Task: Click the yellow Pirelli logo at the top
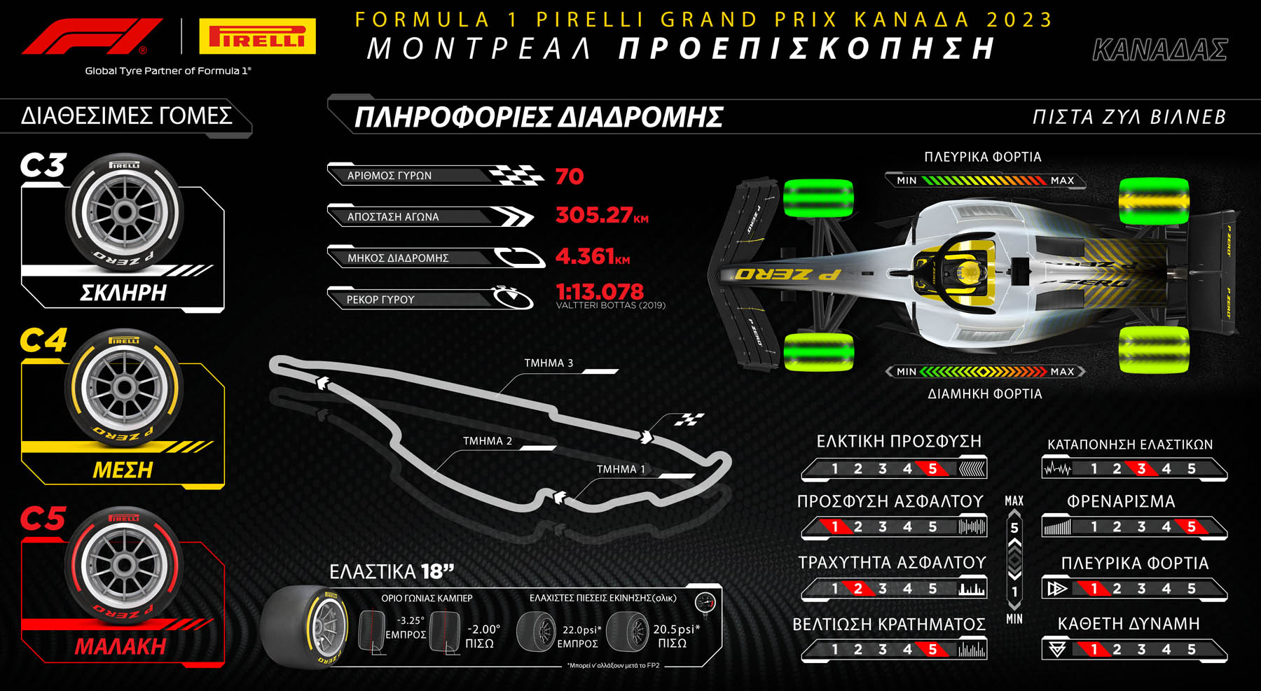pos(257,36)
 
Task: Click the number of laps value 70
pos(570,176)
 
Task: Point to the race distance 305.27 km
pos(601,215)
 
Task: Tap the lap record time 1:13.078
pos(599,291)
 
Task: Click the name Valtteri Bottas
pos(610,305)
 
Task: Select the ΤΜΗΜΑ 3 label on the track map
pos(549,363)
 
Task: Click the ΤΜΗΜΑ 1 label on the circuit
pos(621,469)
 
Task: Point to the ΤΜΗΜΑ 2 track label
pos(488,441)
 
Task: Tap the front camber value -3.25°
pos(411,620)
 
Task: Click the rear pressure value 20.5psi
pos(676,629)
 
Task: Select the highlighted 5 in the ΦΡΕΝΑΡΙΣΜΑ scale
pos(1192,527)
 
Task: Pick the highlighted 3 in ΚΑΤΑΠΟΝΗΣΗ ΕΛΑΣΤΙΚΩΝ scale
pos(1142,469)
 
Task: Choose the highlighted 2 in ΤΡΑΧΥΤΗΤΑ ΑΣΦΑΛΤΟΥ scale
pos(858,589)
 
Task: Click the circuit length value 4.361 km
pos(592,256)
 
